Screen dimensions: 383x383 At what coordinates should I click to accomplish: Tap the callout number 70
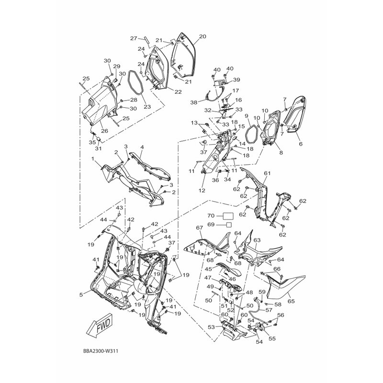pos(211,216)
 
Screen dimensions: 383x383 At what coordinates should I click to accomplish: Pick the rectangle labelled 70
pos(228,216)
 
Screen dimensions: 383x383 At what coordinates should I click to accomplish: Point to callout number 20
pos(203,37)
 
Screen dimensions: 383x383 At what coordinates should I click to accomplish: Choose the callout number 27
pos(134,38)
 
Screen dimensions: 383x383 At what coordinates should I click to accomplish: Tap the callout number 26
pos(104,131)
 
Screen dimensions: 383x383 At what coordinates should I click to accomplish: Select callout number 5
pos(81,295)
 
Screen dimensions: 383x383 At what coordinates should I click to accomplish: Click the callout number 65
pos(291,301)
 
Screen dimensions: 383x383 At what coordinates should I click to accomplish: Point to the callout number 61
pos(267,173)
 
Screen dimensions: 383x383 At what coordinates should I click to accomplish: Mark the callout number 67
pos(200,228)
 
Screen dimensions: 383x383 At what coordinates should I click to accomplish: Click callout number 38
pos(194,102)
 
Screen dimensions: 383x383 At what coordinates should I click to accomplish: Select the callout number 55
pos(272,338)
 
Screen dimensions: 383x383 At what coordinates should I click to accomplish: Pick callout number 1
pos(93,159)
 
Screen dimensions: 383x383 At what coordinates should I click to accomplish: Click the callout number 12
pos(202,191)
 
